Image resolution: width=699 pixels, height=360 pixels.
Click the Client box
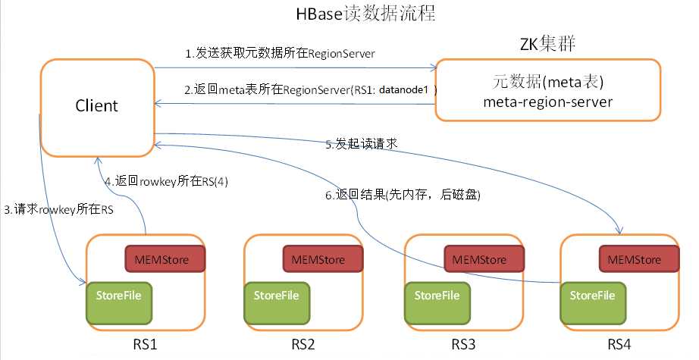tap(96, 105)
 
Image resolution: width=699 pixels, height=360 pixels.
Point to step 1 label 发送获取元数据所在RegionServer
tap(281, 54)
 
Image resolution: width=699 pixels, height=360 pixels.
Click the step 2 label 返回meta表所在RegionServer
tap(312, 90)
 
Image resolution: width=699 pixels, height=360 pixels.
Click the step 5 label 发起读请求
tap(361, 143)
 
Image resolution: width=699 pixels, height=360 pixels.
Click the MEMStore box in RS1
tap(165, 260)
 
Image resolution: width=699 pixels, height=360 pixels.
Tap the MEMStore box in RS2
tap(324, 260)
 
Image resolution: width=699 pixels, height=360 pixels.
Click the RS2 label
tap(302, 346)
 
